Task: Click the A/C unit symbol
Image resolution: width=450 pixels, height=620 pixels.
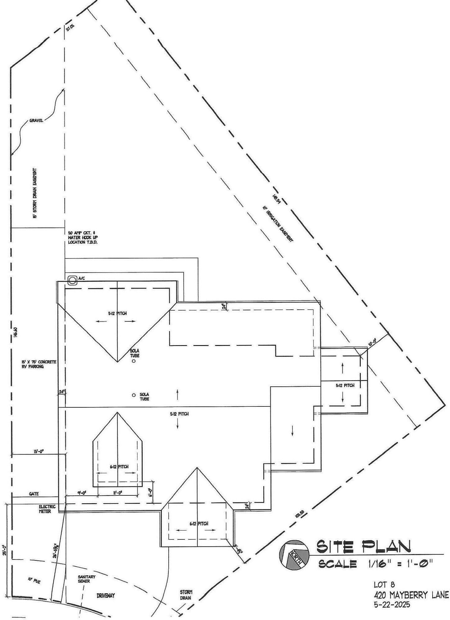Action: pyautogui.click(x=72, y=280)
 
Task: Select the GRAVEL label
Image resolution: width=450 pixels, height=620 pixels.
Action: pyautogui.click(x=36, y=120)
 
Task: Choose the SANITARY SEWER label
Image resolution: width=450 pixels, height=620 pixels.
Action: pyautogui.click(x=84, y=579)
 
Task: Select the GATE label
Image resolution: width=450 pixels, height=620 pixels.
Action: pyautogui.click(x=34, y=494)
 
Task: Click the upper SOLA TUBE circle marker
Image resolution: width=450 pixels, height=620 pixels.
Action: pyautogui.click(x=134, y=361)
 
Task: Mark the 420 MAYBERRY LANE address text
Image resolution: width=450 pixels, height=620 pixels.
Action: pyautogui.click(x=411, y=595)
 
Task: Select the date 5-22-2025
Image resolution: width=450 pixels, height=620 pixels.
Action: pyautogui.click(x=392, y=604)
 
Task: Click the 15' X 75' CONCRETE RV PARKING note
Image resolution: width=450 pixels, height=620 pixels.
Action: pyautogui.click(x=39, y=364)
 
